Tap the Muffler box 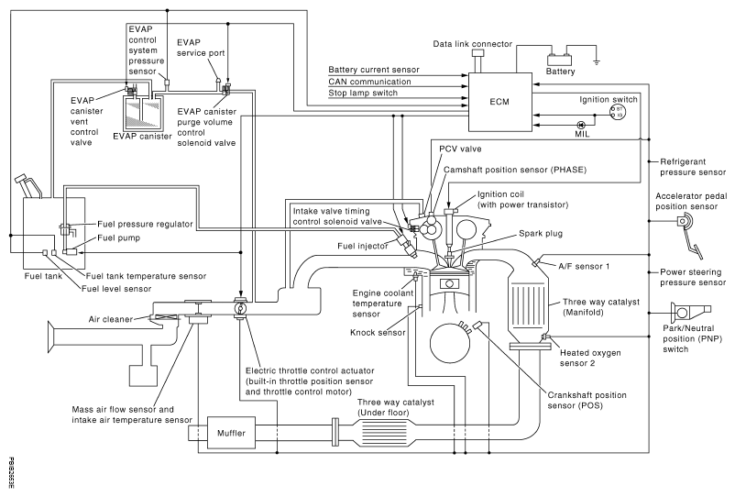226,430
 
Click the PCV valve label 460,149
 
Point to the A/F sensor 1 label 586,265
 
